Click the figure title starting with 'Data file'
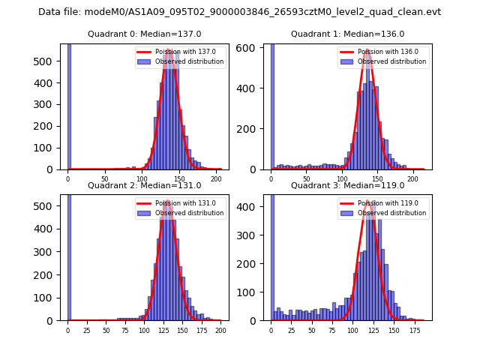pyautogui.click(x=239, y=12)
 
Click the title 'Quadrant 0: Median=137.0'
pyautogui.click(x=144, y=34)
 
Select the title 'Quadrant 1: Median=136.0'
pyautogui.click(x=347, y=34)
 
